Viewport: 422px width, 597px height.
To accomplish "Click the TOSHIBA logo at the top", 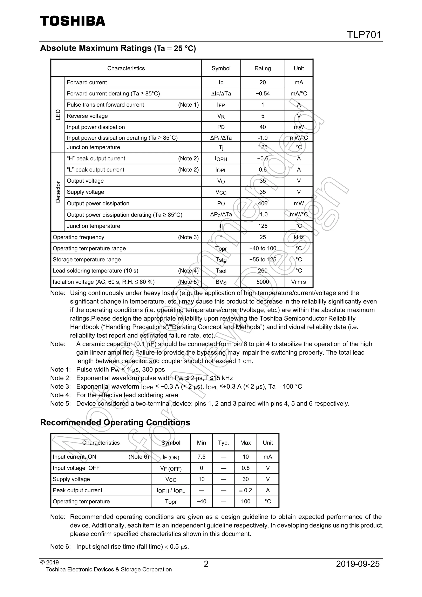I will click(73, 21).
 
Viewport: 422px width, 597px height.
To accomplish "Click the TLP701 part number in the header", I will click(364, 35).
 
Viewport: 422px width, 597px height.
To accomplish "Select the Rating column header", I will click(263, 68).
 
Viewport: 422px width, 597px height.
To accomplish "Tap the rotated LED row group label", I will click(58, 115).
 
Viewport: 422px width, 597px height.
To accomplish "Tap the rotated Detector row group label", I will click(58, 192).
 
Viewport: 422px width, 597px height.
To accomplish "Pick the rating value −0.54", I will click(263, 94).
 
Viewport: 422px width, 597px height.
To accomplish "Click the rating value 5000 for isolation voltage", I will click(263, 282).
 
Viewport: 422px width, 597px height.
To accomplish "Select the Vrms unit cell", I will click(299, 282).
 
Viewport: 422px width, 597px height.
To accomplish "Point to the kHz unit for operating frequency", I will click(299, 237).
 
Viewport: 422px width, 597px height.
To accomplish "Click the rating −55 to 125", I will click(263, 260).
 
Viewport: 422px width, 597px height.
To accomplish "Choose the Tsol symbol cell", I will click(221, 271).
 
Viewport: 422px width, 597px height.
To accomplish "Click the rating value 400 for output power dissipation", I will click(263, 203).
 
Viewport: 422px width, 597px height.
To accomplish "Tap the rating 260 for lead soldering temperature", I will click(263, 271).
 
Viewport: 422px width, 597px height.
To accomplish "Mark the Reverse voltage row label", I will click(87, 116).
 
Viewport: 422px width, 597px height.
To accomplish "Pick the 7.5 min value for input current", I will click(201, 457).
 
